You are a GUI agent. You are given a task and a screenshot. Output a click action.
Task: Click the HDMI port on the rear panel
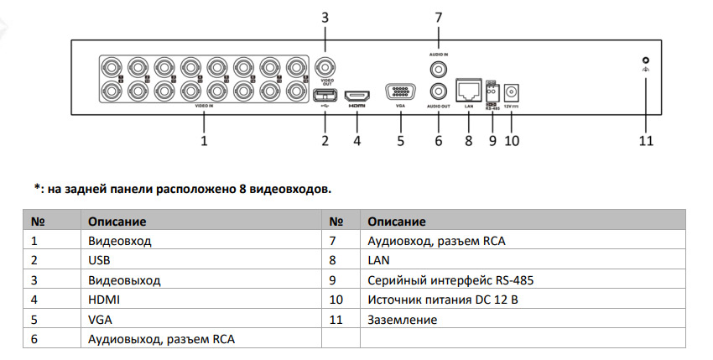[356, 93]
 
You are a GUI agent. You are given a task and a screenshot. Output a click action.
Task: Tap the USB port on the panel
[325, 94]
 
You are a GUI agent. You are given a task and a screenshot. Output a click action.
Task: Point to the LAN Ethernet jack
[468, 88]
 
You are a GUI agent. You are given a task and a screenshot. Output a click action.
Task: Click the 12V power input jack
[512, 89]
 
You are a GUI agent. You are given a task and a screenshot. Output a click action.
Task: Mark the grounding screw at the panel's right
[645, 60]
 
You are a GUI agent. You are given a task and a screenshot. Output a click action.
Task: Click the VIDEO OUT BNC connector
[325, 66]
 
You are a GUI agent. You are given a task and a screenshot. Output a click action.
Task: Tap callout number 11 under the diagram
[645, 141]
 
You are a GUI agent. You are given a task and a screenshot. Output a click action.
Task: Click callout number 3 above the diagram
[325, 17]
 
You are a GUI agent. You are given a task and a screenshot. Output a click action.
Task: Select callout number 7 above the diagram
[437, 17]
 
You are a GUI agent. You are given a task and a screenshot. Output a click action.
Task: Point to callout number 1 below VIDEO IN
[204, 141]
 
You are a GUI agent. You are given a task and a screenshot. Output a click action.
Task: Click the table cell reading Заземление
[402, 320]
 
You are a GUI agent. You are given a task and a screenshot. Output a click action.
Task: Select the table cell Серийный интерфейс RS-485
[450, 280]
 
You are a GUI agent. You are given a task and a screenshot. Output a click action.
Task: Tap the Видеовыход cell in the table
[124, 280]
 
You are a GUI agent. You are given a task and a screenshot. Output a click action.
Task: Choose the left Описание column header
[117, 222]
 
